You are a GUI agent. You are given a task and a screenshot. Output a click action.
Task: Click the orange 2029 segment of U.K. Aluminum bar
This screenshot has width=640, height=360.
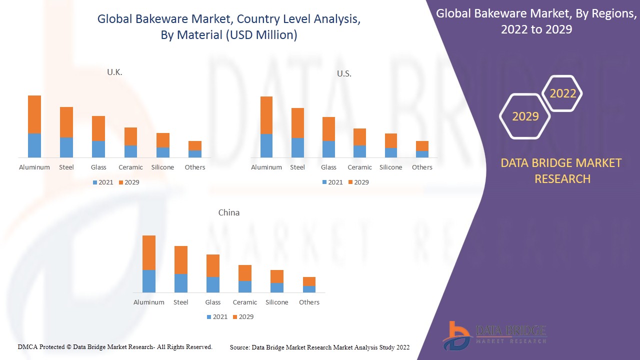coord(34,114)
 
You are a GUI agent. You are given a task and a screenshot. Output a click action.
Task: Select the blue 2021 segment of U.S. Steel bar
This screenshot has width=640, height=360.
coord(298,147)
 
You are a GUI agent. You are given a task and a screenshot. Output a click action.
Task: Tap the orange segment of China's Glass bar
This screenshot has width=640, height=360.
coord(213,265)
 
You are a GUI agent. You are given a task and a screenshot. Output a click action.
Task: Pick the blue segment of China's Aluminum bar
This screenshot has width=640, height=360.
coord(149,281)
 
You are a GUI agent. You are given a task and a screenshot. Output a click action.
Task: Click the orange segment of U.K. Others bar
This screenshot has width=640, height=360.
coord(195,145)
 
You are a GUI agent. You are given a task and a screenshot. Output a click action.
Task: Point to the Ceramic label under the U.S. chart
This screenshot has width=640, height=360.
coord(359,167)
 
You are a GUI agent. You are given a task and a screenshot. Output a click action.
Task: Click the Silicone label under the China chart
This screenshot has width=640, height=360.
coord(277,302)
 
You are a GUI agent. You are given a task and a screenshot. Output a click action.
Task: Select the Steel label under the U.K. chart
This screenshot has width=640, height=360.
coord(66,167)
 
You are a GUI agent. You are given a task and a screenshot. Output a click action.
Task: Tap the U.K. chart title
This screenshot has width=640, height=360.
coord(114,72)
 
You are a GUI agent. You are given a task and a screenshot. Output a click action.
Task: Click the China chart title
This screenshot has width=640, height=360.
coord(229,212)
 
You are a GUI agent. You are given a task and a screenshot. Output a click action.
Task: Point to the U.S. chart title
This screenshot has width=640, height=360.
coord(344,74)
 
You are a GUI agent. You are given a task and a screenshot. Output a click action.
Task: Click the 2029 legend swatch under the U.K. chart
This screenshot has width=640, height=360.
coord(121,182)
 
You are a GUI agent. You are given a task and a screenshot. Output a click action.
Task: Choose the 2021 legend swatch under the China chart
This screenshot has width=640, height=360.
coord(209,317)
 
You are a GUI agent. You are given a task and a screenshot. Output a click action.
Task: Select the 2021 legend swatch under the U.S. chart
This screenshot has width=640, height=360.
coord(325,182)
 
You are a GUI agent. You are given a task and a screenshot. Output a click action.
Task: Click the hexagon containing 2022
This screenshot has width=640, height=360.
coord(563,93)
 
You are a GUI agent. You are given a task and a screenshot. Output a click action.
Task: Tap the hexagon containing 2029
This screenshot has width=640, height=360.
coord(525,116)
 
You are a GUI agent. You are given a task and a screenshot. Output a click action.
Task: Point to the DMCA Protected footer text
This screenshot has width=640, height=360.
coord(115,347)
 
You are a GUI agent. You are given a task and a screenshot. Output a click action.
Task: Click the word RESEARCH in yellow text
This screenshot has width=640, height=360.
coord(562,179)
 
